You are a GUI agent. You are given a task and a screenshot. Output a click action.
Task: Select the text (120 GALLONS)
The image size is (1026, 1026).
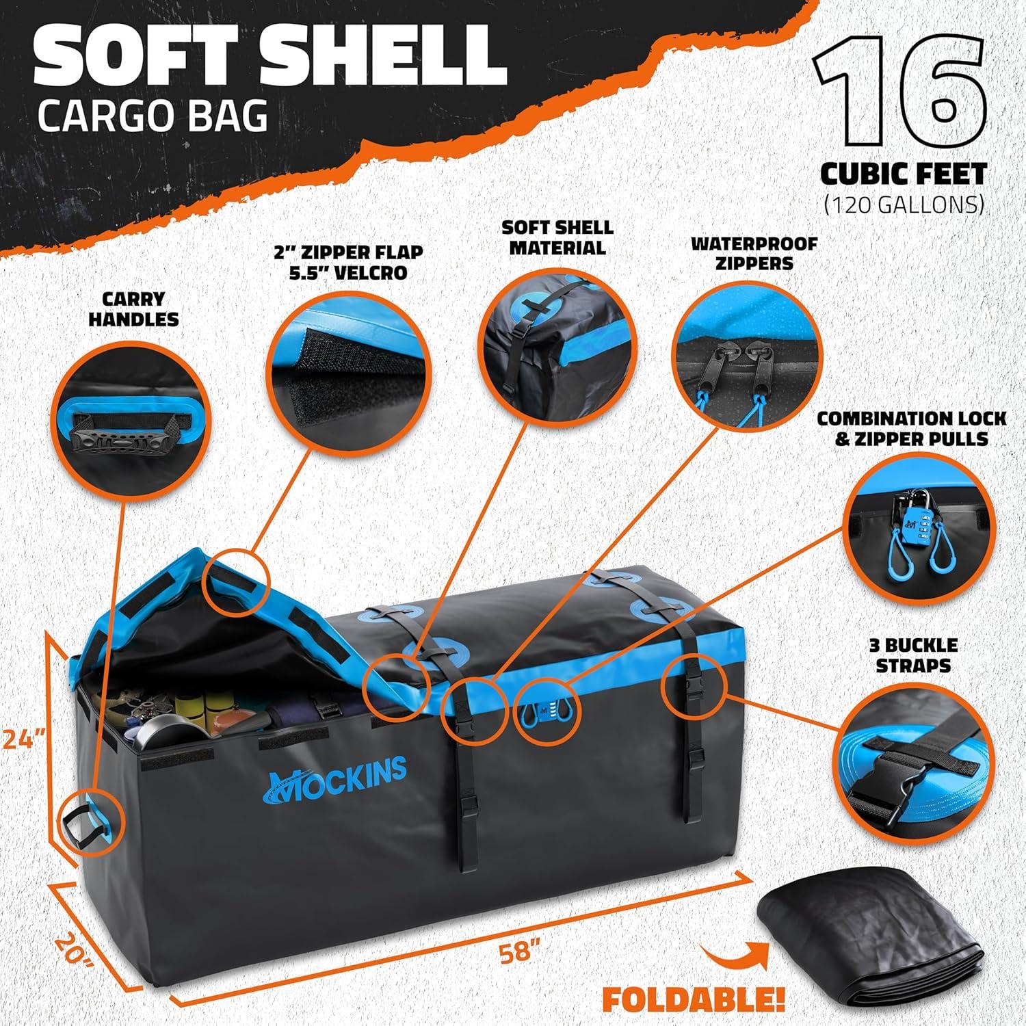tap(904, 204)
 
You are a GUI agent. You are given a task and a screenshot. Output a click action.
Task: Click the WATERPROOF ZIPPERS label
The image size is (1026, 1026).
tap(754, 253)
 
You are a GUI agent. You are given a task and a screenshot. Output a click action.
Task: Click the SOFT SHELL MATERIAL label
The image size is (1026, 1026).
tap(557, 237)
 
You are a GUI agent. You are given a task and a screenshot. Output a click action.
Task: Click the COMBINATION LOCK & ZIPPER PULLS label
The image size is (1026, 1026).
tap(912, 428)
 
